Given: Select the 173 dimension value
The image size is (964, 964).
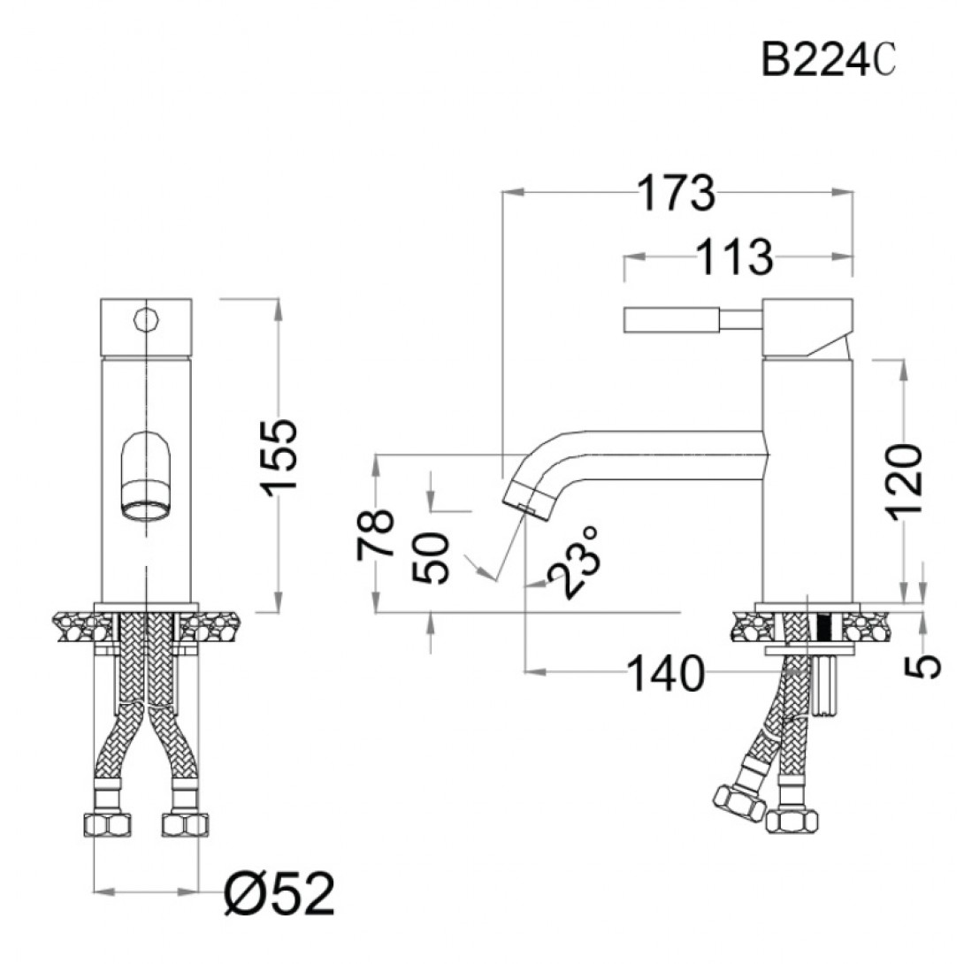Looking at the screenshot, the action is [677, 193].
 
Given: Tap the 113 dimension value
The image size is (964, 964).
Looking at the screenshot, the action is [735, 256].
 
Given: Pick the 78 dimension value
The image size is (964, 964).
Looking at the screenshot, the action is [375, 534].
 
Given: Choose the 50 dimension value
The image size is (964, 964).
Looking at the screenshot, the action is [431, 558].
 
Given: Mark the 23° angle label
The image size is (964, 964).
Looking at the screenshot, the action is [574, 561].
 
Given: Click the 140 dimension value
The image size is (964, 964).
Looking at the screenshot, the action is [666, 674].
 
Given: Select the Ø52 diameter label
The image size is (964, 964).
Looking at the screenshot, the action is [279, 894].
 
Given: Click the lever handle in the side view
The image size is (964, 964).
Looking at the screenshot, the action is [692, 320].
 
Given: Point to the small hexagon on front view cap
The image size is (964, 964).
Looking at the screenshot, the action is [146, 318].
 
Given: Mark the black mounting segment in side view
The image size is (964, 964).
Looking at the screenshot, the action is [823, 628].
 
